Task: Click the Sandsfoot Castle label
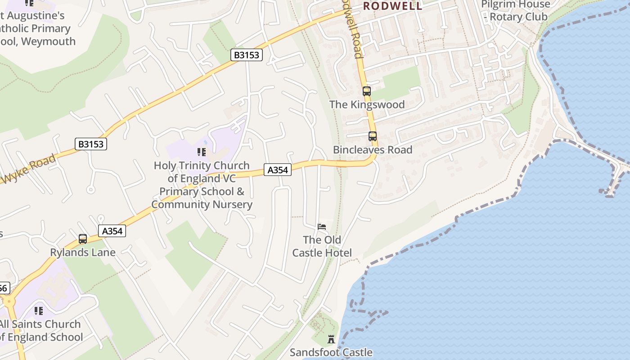tap(331, 352)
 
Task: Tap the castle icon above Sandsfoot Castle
tap(331, 339)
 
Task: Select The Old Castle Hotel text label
tap(322, 246)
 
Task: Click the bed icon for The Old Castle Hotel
tap(322, 226)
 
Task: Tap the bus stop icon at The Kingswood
tap(367, 91)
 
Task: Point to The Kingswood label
tap(367, 104)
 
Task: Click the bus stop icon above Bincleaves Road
tap(373, 136)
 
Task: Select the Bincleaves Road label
tap(373, 149)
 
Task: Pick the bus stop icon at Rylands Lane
tap(83, 239)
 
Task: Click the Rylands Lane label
tap(83, 252)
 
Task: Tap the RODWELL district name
tap(393, 6)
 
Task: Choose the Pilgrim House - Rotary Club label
tap(515, 11)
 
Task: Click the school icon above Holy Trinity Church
tap(201, 152)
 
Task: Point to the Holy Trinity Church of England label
tap(202, 185)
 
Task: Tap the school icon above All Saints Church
tap(39, 311)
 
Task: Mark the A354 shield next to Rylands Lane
tap(112, 231)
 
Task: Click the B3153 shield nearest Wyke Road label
tap(91, 144)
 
